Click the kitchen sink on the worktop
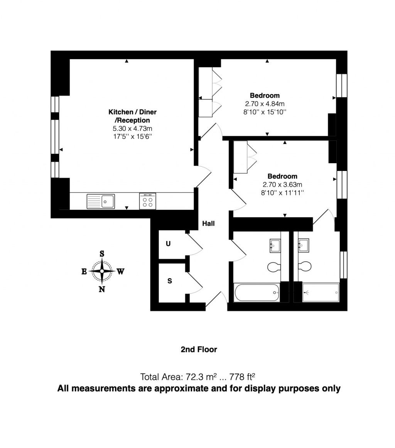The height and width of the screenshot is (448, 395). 101,201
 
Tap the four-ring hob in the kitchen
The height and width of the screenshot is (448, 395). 147,201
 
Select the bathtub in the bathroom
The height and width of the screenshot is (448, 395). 257,293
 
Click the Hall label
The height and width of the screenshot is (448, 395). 208,223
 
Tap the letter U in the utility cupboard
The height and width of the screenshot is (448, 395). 168,244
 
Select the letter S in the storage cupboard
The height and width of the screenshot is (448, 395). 169,281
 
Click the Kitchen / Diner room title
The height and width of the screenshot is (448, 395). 132,112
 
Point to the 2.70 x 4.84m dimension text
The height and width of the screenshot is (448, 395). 265,104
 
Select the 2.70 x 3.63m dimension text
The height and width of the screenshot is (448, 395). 282,184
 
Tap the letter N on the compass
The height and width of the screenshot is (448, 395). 102,289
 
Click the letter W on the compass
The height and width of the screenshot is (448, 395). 120,272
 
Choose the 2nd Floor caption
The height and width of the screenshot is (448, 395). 199,350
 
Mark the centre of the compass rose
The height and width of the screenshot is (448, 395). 102,271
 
